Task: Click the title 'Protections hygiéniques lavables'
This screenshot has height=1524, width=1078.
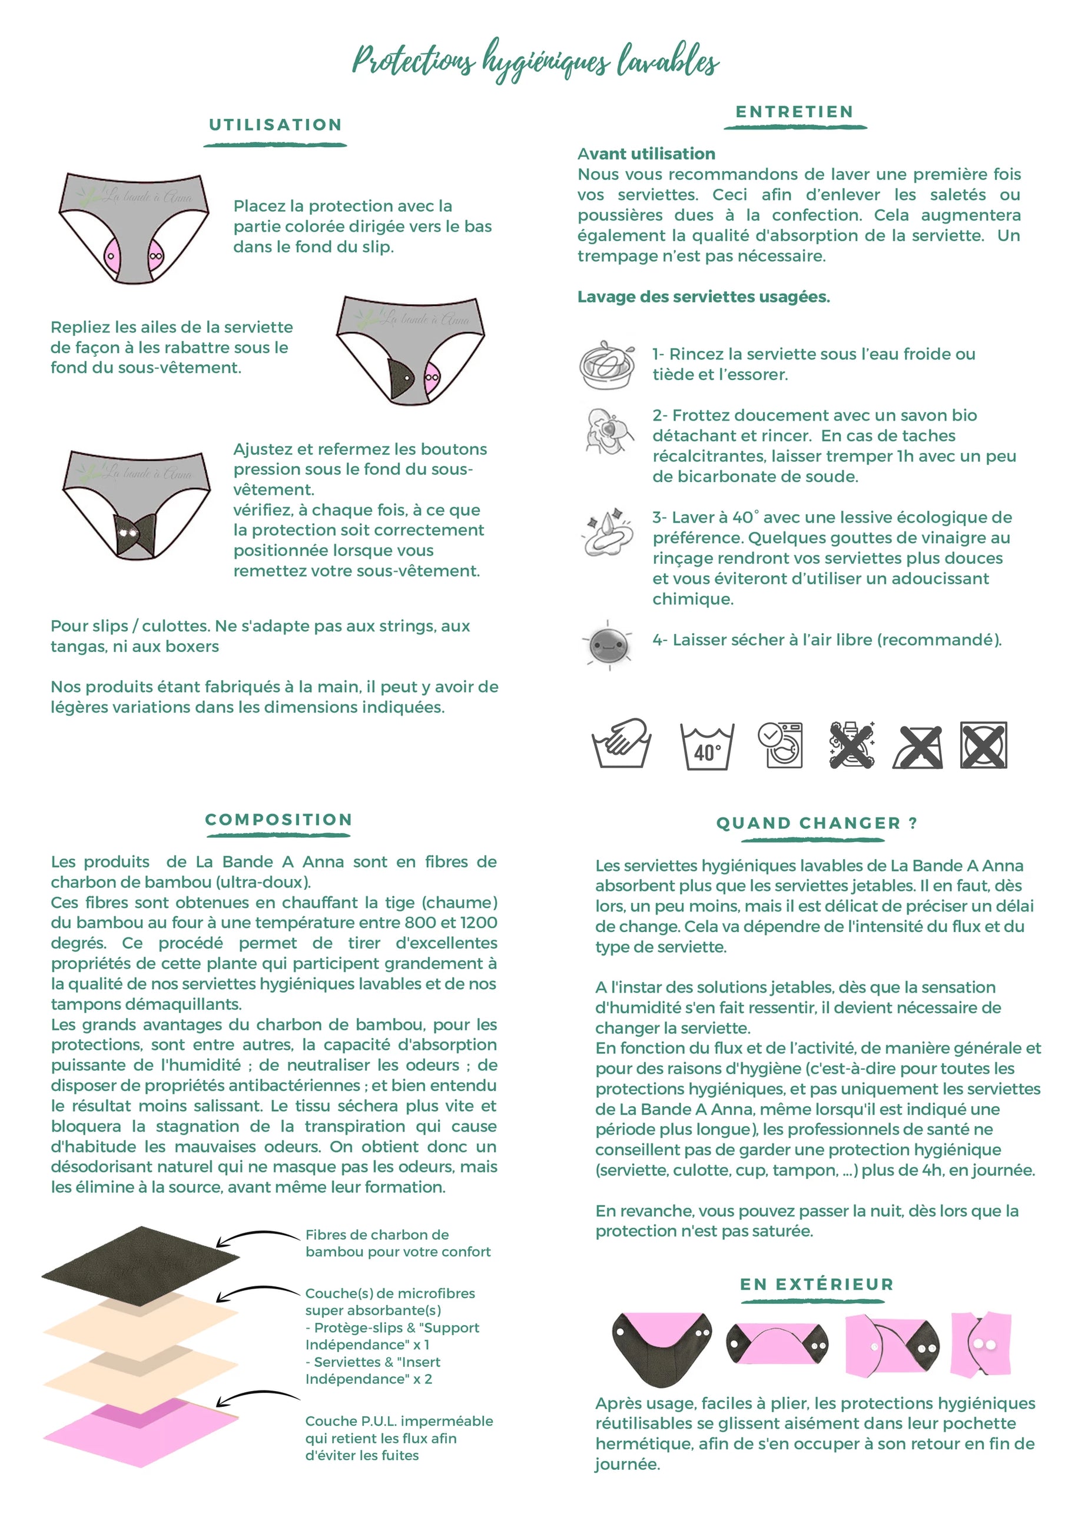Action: (535, 61)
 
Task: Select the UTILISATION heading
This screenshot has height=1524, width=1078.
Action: (275, 125)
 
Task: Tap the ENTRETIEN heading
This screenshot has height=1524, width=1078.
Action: (794, 112)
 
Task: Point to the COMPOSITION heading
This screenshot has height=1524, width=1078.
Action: (278, 820)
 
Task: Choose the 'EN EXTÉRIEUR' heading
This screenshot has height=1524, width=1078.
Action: (817, 1285)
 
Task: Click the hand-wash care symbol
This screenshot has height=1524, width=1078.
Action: (622, 745)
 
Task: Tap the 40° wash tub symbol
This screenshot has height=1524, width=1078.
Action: (706, 747)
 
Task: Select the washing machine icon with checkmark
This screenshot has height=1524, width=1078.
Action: (781, 745)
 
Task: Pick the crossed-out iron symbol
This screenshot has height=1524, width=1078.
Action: (918, 747)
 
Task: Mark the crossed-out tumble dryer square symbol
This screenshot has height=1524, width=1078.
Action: (983, 746)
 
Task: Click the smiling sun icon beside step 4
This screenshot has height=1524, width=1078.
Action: (608, 644)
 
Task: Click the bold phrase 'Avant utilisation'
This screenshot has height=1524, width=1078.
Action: (646, 154)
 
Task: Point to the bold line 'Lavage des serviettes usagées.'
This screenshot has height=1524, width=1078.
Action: (703, 297)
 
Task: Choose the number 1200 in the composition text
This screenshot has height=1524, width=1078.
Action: (477, 923)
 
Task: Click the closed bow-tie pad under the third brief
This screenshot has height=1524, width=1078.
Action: (135, 534)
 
